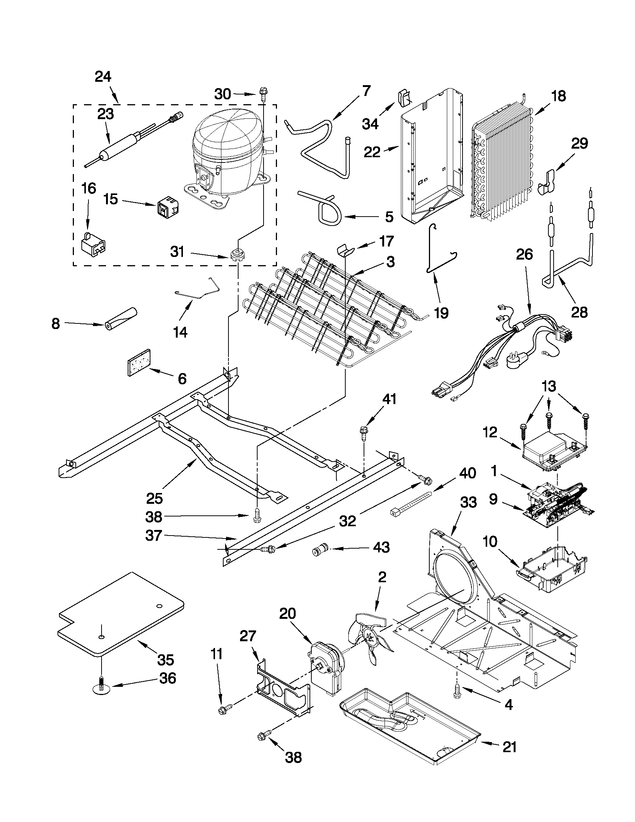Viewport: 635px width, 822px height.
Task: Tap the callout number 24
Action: click(103, 77)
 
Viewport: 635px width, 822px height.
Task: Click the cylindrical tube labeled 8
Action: click(121, 319)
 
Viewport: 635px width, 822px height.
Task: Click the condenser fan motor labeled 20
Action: click(326, 670)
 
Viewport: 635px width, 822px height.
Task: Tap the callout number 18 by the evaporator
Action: click(559, 96)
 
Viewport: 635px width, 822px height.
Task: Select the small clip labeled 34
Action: click(404, 99)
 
